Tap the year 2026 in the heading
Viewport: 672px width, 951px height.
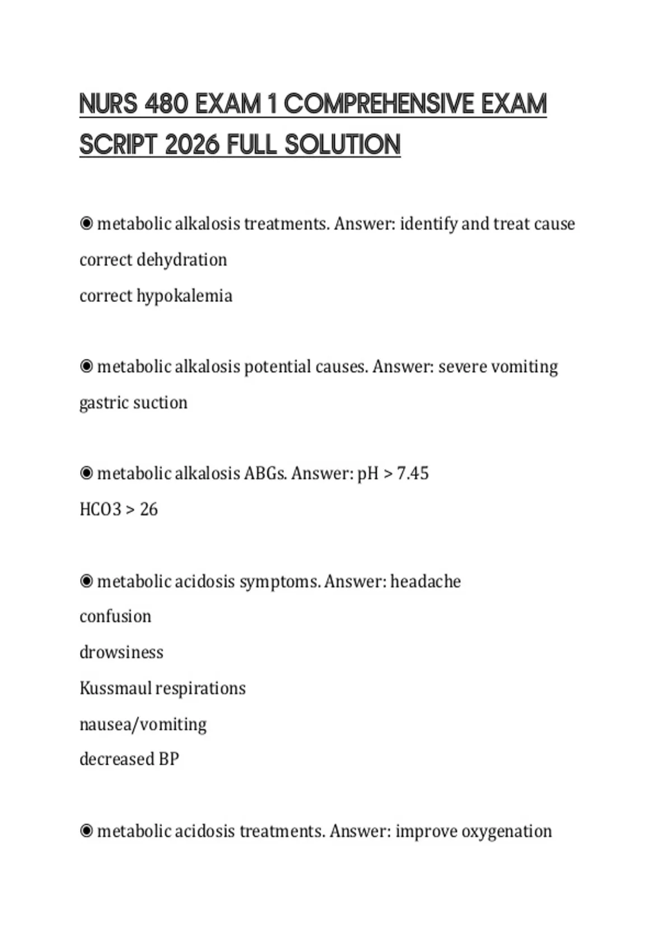(x=192, y=145)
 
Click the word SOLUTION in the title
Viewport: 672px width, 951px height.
(x=343, y=145)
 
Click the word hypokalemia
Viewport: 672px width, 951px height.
(x=184, y=295)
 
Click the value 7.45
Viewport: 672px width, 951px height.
(x=413, y=474)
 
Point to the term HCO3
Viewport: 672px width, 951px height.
(x=100, y=510)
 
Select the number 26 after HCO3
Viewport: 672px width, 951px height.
(x=148, y=510)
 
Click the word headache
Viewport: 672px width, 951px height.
(x=426, y=582)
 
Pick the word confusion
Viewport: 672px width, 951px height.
(x=115, y=616)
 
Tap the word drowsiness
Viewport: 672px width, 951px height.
(x=122, y=652)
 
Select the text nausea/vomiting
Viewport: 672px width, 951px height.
(x=143, y=724)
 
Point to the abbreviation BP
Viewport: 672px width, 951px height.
(x=169, y=759)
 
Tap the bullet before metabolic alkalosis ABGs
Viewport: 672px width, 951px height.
(x=86, y=474)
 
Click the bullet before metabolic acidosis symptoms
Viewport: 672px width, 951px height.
(x=86, y=582)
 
